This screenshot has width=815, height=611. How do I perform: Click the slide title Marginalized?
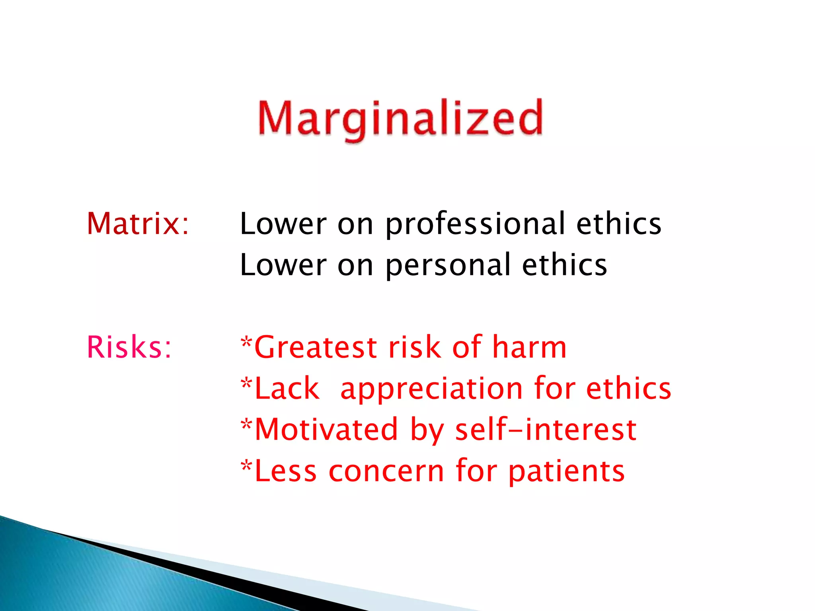pos(400,119)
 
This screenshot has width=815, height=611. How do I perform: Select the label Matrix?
pos(138,224)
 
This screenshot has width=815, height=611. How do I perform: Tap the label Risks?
pos(129,347)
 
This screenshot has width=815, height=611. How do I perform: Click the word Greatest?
pos(315,347)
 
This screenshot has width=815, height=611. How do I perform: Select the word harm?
pos(529,347)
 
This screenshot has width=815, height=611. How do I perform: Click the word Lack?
pos(287,389)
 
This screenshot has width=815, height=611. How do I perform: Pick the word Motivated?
pos(326,430)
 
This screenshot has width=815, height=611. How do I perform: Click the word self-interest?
pos(546,430)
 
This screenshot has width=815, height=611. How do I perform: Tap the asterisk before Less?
pos(247,466)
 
